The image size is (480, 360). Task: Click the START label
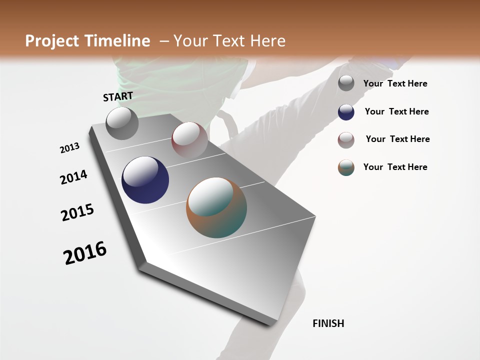(x=118, y=96)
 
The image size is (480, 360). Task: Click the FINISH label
(x=328, y=323)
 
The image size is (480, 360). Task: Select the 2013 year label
(x=69, y=148)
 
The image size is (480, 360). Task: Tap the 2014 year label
(x=73, y=177)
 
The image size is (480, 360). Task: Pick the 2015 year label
(x=77, y=212)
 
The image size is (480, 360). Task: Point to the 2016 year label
(x=85, y=252)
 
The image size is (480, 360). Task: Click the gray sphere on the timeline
(x=122, y=123)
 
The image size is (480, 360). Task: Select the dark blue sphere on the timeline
(x=145, y=180)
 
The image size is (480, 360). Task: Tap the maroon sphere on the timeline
(x=189, y=139)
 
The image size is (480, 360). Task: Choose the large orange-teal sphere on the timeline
(x=216, y=207)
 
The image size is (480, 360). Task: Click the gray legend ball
(x=346, y=83)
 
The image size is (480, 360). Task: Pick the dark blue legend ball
(x=346, y=112)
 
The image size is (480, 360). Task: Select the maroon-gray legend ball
(x=346, y=140)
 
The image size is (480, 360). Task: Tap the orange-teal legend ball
(x=346, y=167)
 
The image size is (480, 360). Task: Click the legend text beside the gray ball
(x=395, y=84)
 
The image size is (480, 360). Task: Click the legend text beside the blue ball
(x=396, y=111)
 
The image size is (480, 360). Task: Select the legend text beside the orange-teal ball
(x=395, y=167)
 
